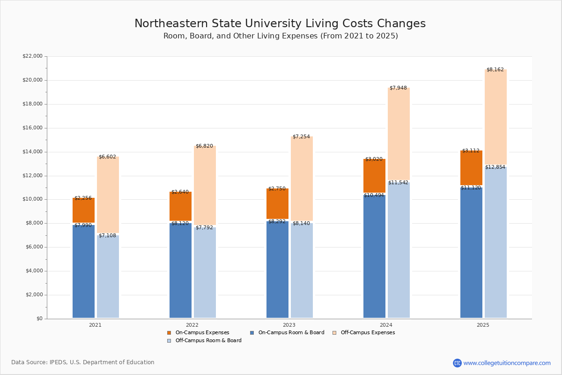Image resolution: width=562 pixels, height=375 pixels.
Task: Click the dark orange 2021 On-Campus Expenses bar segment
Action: (83, 210)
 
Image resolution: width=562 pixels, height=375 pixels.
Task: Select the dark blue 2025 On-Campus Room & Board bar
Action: (471, 253)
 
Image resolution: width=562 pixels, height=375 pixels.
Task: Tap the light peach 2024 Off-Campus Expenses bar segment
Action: (399, 134)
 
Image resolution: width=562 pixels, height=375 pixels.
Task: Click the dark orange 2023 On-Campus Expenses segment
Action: (277, 203)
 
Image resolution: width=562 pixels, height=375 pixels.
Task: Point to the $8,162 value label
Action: (495, 70)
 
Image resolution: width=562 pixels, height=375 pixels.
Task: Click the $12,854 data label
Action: (495, 167)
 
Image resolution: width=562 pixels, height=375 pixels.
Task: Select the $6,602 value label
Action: (107, 157)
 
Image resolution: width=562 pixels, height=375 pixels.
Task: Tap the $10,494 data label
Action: (374, 195)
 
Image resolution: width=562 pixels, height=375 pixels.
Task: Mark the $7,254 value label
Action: (301, 137)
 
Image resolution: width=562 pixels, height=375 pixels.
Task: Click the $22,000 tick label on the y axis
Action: (32, 56)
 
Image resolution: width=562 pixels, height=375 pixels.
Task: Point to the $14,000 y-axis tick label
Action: (32, 152)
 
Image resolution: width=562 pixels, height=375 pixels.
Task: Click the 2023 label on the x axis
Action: (289, 325)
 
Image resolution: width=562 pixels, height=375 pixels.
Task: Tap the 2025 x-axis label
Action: (483, 325)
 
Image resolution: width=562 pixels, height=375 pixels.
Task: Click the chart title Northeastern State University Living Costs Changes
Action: (280, 24)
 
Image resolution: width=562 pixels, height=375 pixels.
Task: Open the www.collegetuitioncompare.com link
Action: (507, 363)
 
